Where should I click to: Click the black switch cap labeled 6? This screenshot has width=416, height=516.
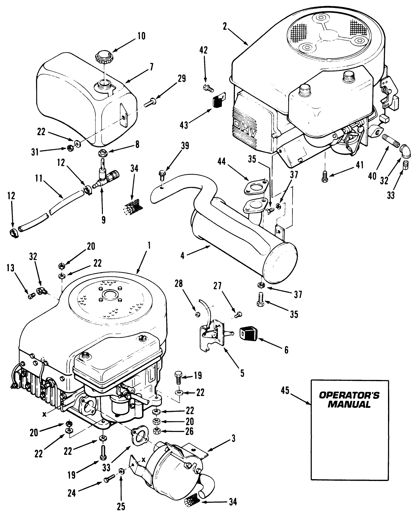pos(249,333)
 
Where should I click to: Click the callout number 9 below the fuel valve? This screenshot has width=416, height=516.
pos(103,219)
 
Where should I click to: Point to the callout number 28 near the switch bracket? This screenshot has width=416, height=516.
pos(179,283)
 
